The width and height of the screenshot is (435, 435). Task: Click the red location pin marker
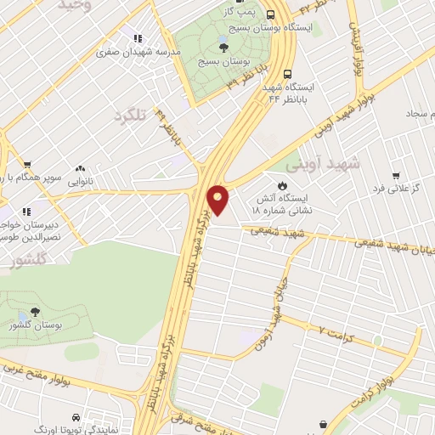pyautogui.click(x=218, y=200)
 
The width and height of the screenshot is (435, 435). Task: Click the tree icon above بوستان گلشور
pyautogui.click(x=35, y=312)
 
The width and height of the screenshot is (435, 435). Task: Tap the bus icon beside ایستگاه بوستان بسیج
pyautogui.click(x=271, y=14)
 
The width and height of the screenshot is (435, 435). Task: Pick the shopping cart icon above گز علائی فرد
pyautogui.click(x=395, y=172)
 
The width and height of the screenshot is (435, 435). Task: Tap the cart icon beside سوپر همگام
pyautogui.click(x=28, y=165)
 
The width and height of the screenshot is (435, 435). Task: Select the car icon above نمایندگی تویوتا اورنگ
pyautogui.click(x=76, y=419)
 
